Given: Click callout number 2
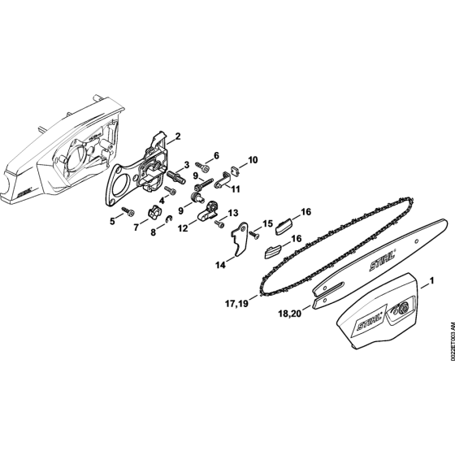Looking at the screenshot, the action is click(178, 136).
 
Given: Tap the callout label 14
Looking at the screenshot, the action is click(220, 265).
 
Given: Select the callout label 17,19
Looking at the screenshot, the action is click(236, 304).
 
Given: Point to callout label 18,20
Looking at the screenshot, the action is click(290, 313).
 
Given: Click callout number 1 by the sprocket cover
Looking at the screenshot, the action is click(431, 280).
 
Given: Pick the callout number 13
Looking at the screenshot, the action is click(233, 213).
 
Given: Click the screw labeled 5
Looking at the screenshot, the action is click(128, 212).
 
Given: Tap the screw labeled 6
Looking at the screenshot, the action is click(204, 167).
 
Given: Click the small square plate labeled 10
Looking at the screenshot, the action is click(236, 170).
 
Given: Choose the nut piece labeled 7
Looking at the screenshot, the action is click(154, 215).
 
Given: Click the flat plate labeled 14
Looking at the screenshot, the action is click(240, 239).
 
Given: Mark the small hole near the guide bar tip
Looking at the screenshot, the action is click(417, 241).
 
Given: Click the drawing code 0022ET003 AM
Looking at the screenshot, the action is click(452, 344).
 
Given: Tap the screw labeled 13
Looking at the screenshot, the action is click(219, 223).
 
